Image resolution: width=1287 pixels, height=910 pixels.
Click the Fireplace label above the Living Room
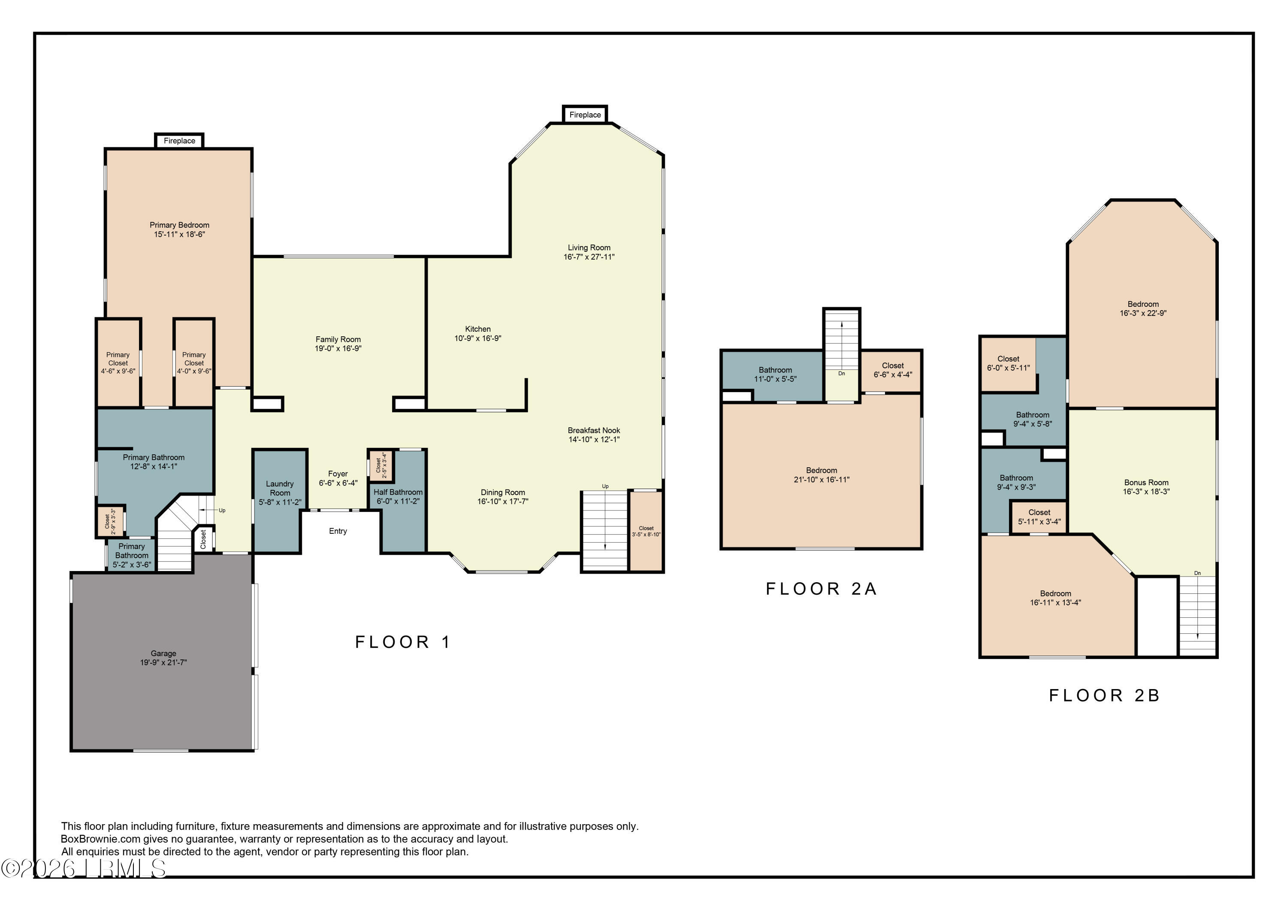[585, 115]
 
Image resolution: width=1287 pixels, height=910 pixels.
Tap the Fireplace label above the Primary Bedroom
[179, 141]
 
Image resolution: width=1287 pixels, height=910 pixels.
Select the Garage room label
[163, 653]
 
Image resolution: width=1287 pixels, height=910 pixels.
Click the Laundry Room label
[280, 488]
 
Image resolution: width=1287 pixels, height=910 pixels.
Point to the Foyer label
[338, 474]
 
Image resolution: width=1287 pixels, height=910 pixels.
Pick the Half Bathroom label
[398, 492]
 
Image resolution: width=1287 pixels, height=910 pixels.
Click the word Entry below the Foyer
[338, 531]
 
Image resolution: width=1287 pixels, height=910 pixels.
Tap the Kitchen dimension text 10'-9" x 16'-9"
[477, 338]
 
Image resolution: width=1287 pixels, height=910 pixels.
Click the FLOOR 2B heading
[1104, 695]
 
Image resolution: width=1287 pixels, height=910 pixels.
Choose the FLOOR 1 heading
[403, 642]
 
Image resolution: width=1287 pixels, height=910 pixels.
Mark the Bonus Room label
[1146, 482]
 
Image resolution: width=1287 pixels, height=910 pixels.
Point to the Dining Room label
[503, 492]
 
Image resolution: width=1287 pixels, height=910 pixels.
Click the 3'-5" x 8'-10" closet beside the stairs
[647, 532]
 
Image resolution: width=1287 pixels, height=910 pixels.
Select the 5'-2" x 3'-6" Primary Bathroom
[132, 556]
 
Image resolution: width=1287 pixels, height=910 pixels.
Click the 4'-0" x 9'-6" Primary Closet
[194, 363]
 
